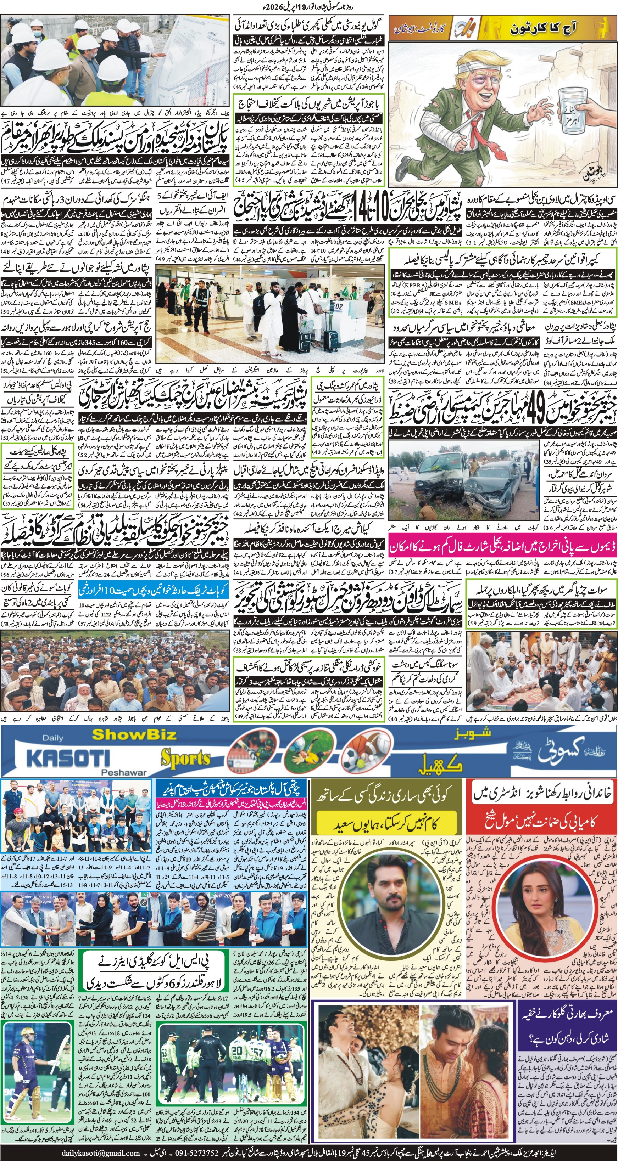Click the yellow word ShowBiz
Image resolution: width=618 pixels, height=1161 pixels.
click(134, 735)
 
